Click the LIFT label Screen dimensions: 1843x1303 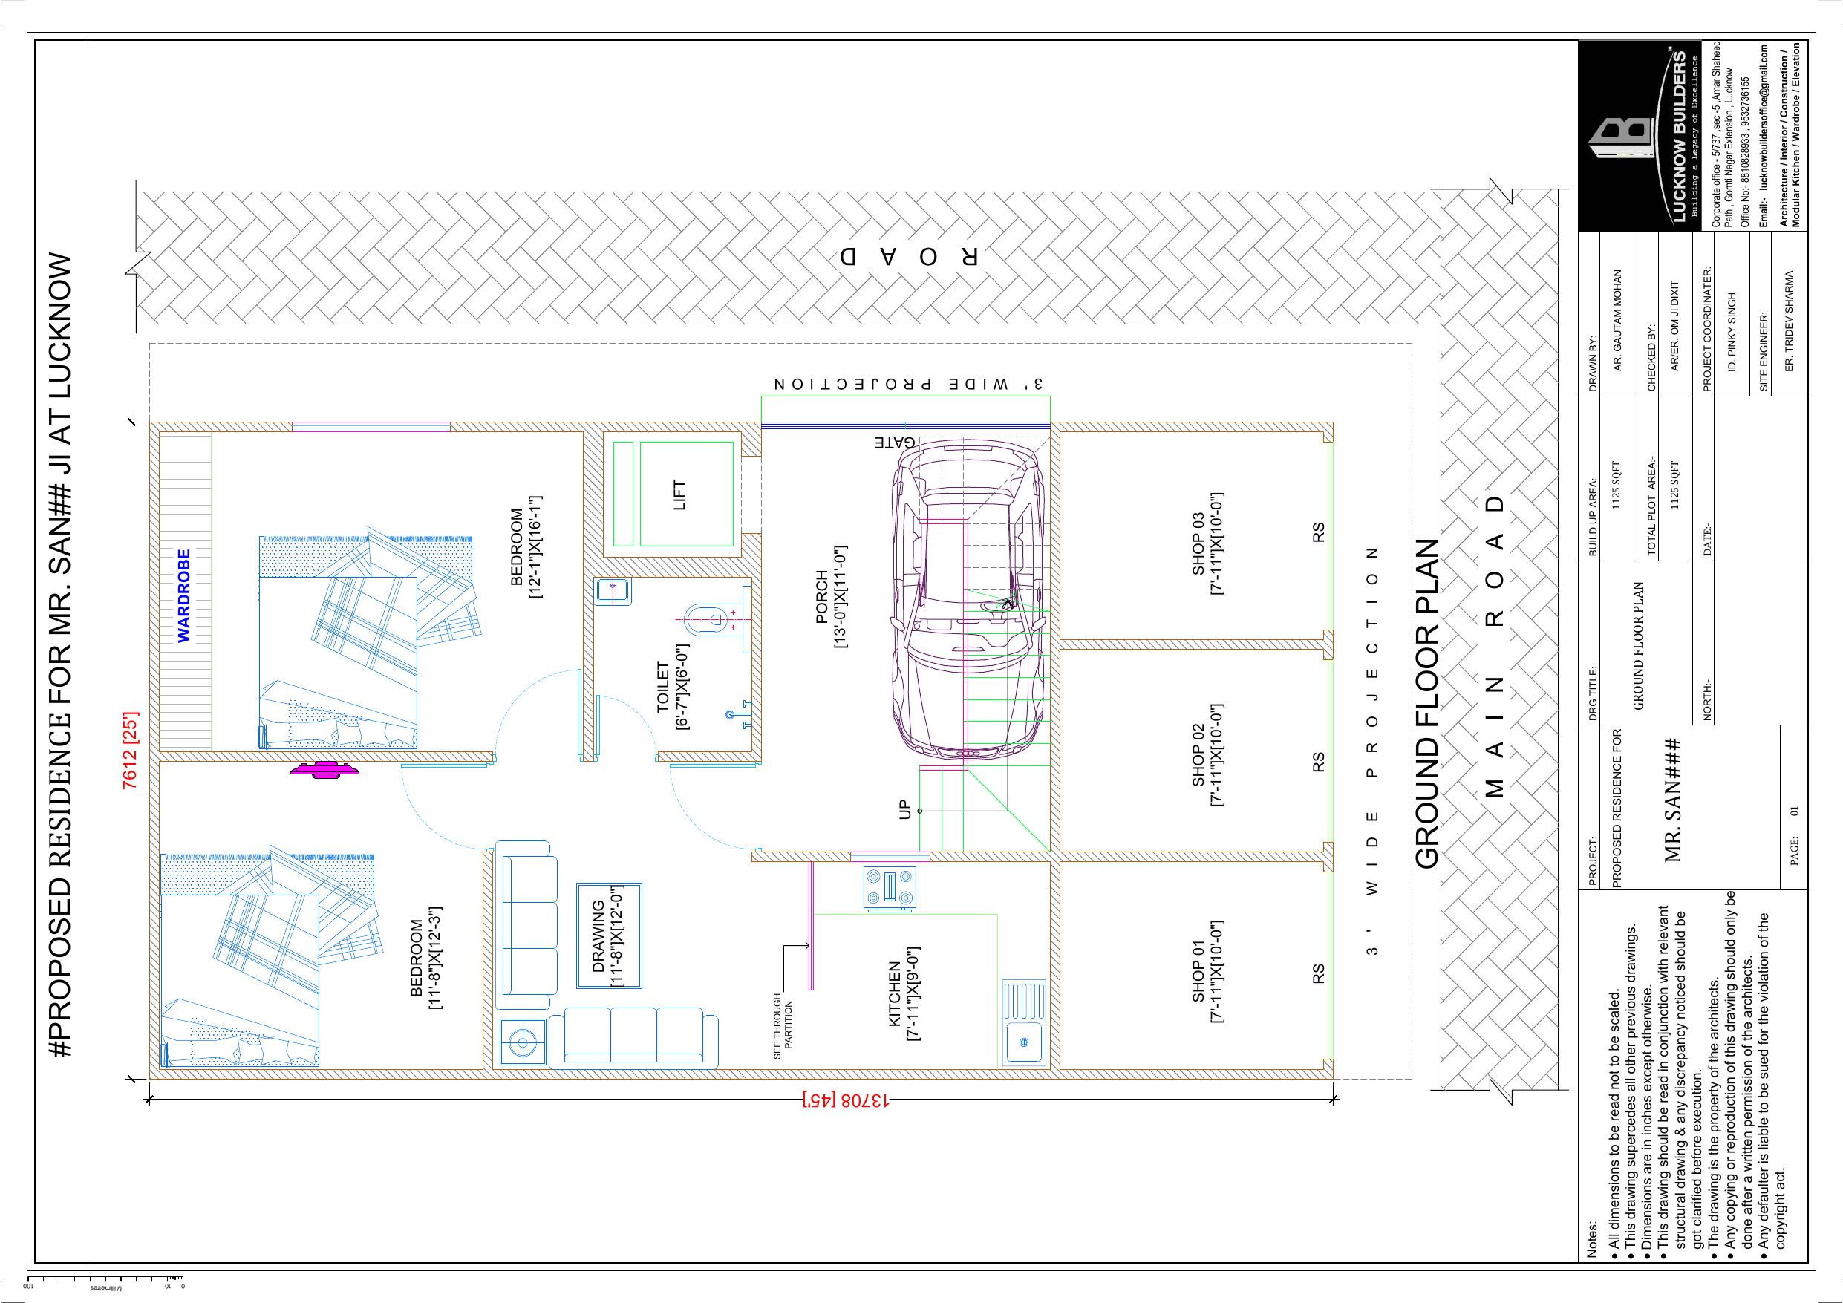679,495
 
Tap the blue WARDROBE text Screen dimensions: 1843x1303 184,595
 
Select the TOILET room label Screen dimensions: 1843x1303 672,688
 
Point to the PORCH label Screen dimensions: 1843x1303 831,596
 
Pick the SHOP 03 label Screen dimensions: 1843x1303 1207,543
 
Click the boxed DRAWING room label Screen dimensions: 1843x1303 608,935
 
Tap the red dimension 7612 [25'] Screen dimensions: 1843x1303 130,749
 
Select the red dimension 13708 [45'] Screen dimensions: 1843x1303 845,1099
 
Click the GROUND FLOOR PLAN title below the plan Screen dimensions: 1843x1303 1426,703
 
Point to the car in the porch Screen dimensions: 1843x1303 969,598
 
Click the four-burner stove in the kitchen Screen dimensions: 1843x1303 890,888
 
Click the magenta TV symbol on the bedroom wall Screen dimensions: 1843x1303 324,769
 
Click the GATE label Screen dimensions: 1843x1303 894,443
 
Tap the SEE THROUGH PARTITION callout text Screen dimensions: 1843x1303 783,1025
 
